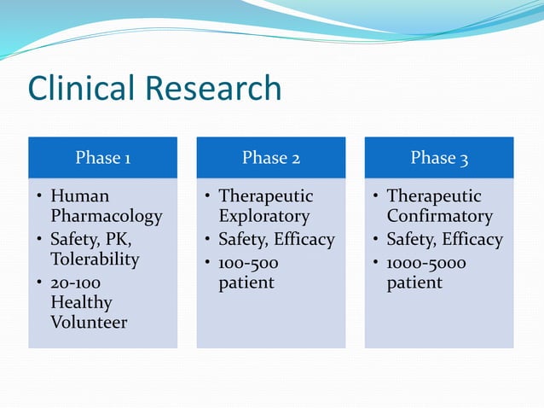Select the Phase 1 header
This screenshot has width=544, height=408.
tap(102, 158)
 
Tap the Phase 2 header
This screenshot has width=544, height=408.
tap(270, 158)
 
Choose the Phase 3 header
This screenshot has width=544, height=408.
tap(439, 158)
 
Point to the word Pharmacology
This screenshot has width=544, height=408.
tap(106, 217)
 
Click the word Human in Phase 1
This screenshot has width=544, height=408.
tap(80, 196)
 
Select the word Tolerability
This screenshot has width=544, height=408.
tap(95, 259)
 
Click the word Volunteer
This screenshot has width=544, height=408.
tap(89, 323)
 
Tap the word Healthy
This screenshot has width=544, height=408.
tap(81, 302)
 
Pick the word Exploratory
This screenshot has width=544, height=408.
tap(263, 217)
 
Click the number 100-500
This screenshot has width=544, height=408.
tap(250, 262)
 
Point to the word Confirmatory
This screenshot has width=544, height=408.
tap(439, 217)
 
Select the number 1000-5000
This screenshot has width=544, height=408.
tap(426, 262)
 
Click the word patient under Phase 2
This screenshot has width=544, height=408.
tap(246, 283)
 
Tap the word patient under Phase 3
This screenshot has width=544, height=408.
tap(414, 283)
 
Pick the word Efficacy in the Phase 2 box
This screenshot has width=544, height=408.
tap(304, 240)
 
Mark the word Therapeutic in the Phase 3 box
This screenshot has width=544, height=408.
tap(434, 196)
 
